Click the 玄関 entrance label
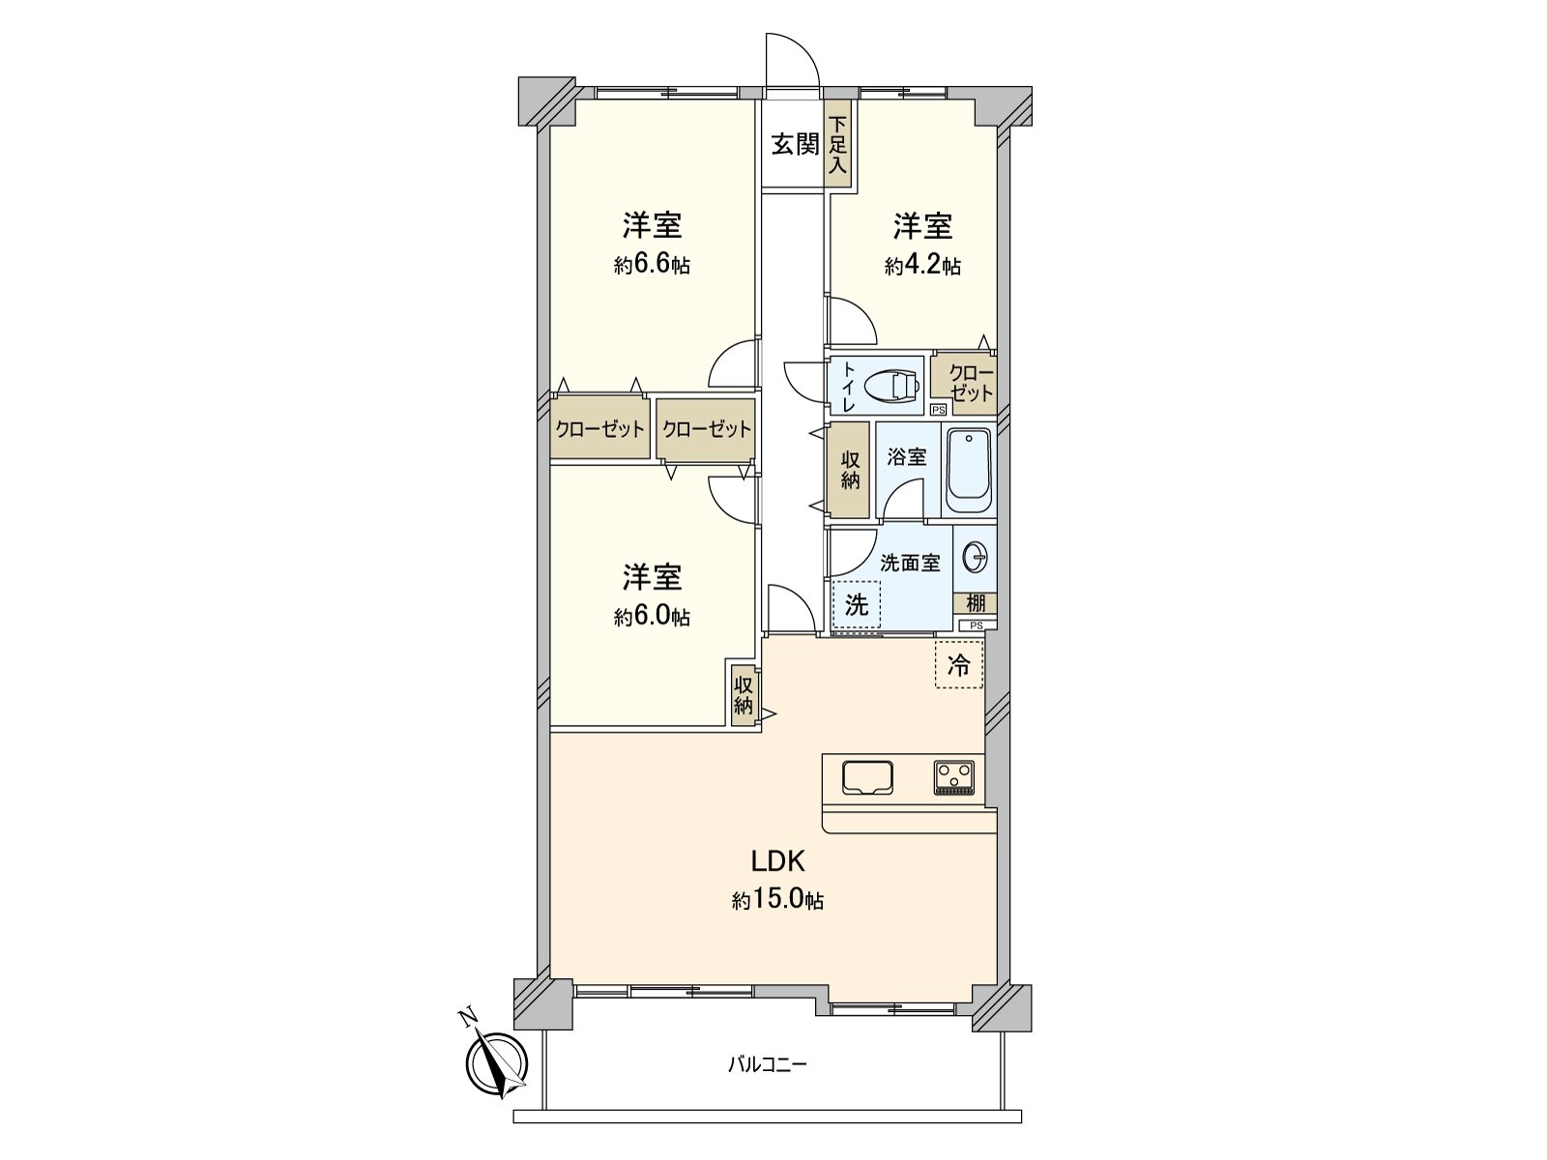click(795, 145)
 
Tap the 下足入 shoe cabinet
click(838, 145)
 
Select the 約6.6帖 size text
click(652, 266)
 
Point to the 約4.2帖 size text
click(922, 266)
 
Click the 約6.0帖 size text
click(652, 617)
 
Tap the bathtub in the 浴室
click(968, 472)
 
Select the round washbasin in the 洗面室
click(975, 558)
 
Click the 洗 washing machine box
click(857, 606)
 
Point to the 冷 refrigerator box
click(958, 665)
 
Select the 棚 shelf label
click(976, 604)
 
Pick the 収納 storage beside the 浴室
click(849, 471)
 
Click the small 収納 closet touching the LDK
click(744, 694)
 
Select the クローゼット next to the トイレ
click(963, 384)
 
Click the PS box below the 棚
click(976, 625)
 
